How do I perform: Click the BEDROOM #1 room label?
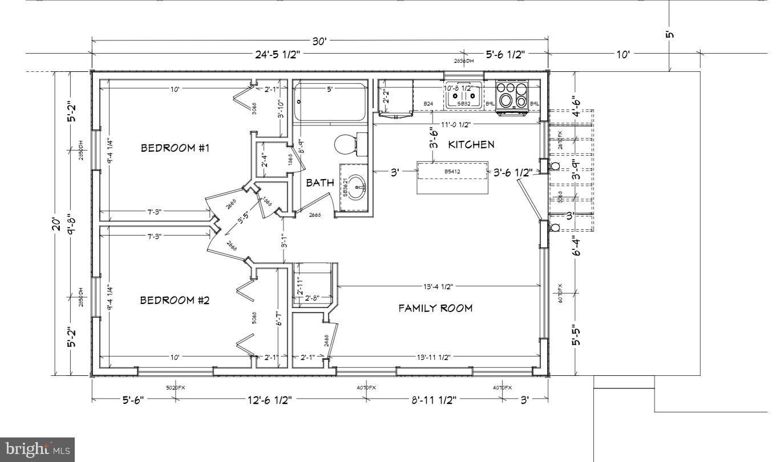[x=175, y=148]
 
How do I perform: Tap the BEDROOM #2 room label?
[x=175, y=300]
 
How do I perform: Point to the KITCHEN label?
[x=471, y=144]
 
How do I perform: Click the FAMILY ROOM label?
[x=435, y=308]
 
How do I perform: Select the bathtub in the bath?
[x=329, y=103]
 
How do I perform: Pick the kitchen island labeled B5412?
[x=453, y=171]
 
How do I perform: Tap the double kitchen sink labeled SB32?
[x=463, y=95]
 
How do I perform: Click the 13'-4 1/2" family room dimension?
[x=439, y=286]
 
